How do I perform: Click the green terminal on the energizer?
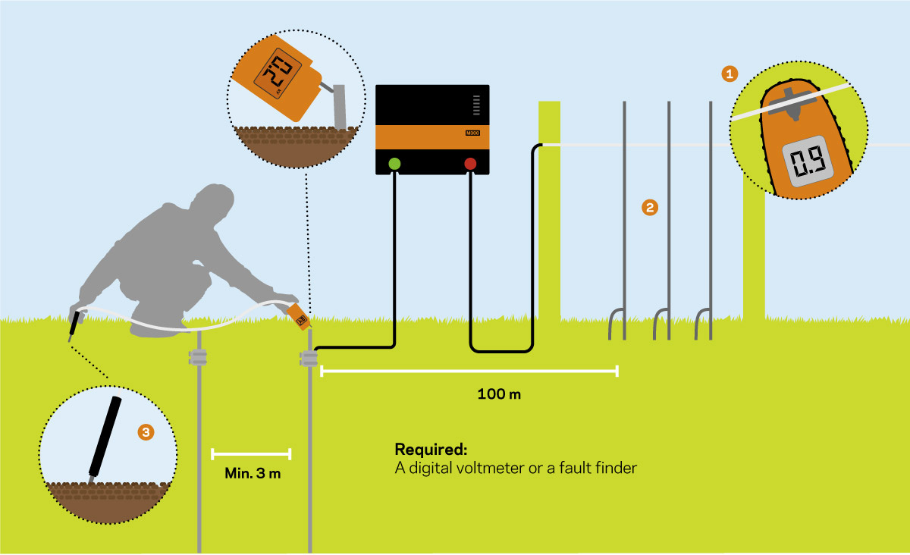click(x=394, y=164)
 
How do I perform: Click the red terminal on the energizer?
click(x=470, y=164)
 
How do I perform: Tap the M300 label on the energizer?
click(x=472, y=133)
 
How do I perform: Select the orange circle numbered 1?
click(x=730, y=74)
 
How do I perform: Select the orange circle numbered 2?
click(x=650, y=208)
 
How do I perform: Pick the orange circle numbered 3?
click(x=146, y=432)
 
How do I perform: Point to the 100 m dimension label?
click(x=499, y=394)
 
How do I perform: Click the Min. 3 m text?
click(x=253, y=473)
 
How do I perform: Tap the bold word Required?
click(x=431, y=450)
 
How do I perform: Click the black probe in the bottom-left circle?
click(x=105, y=437)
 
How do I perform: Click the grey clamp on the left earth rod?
click(x=198, y=358)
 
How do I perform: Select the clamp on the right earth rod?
click(x=309, y=359)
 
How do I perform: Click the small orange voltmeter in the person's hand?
click(x=299, y=316)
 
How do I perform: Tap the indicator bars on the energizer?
click(x=476, y=105)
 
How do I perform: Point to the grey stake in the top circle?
click(x=339, y=106)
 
